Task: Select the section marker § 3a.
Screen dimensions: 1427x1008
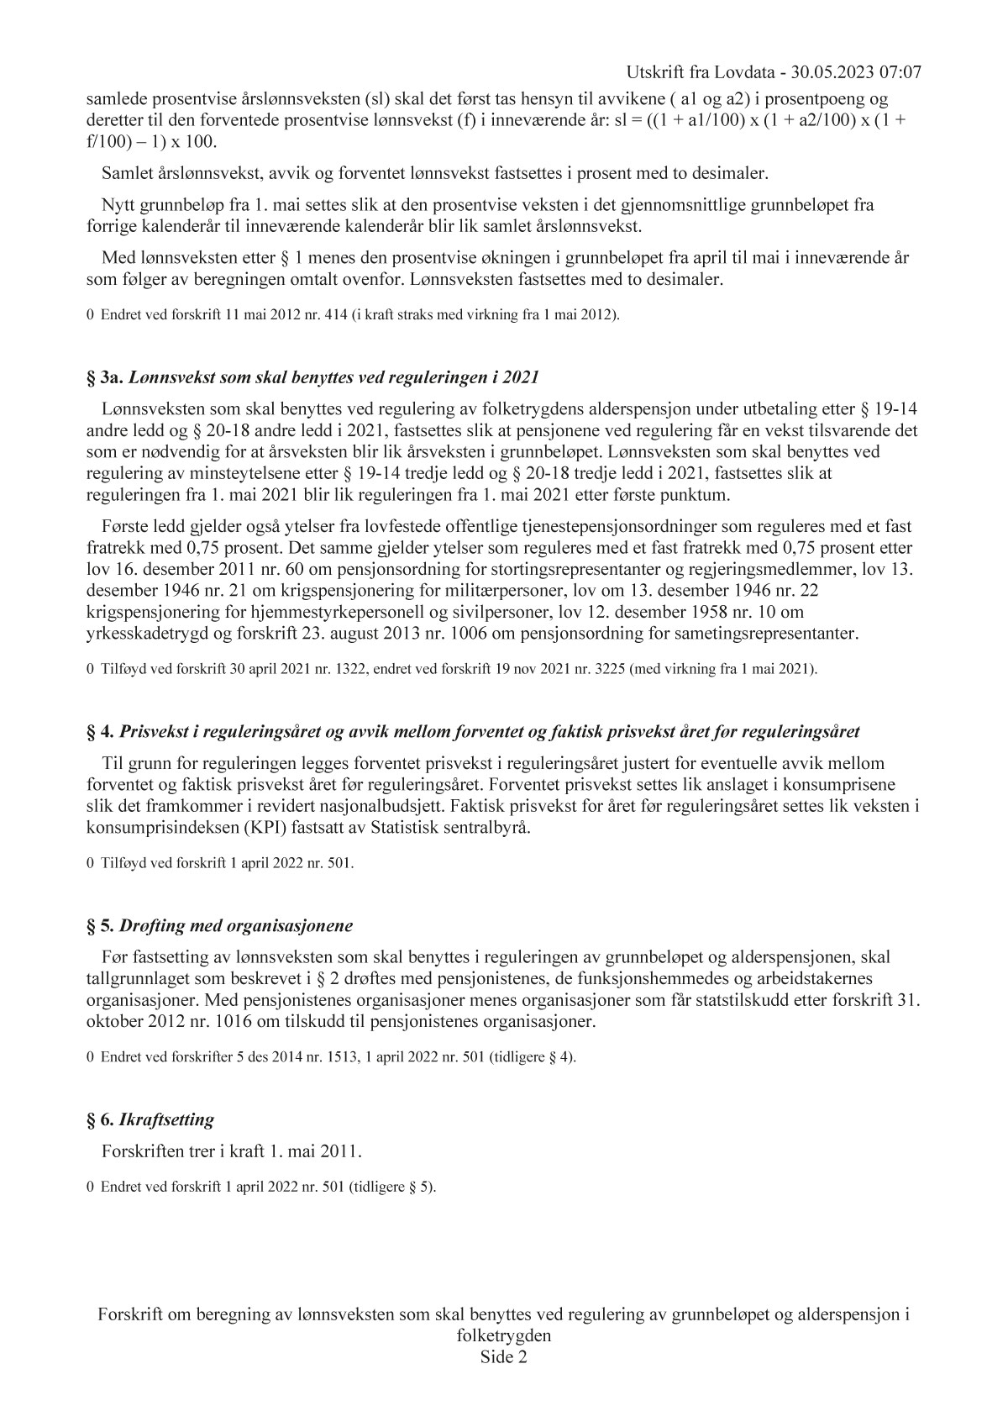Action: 105,378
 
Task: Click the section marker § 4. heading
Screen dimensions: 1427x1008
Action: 100,731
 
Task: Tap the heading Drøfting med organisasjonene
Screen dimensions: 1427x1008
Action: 236,926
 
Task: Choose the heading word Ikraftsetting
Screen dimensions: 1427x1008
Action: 167,1119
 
